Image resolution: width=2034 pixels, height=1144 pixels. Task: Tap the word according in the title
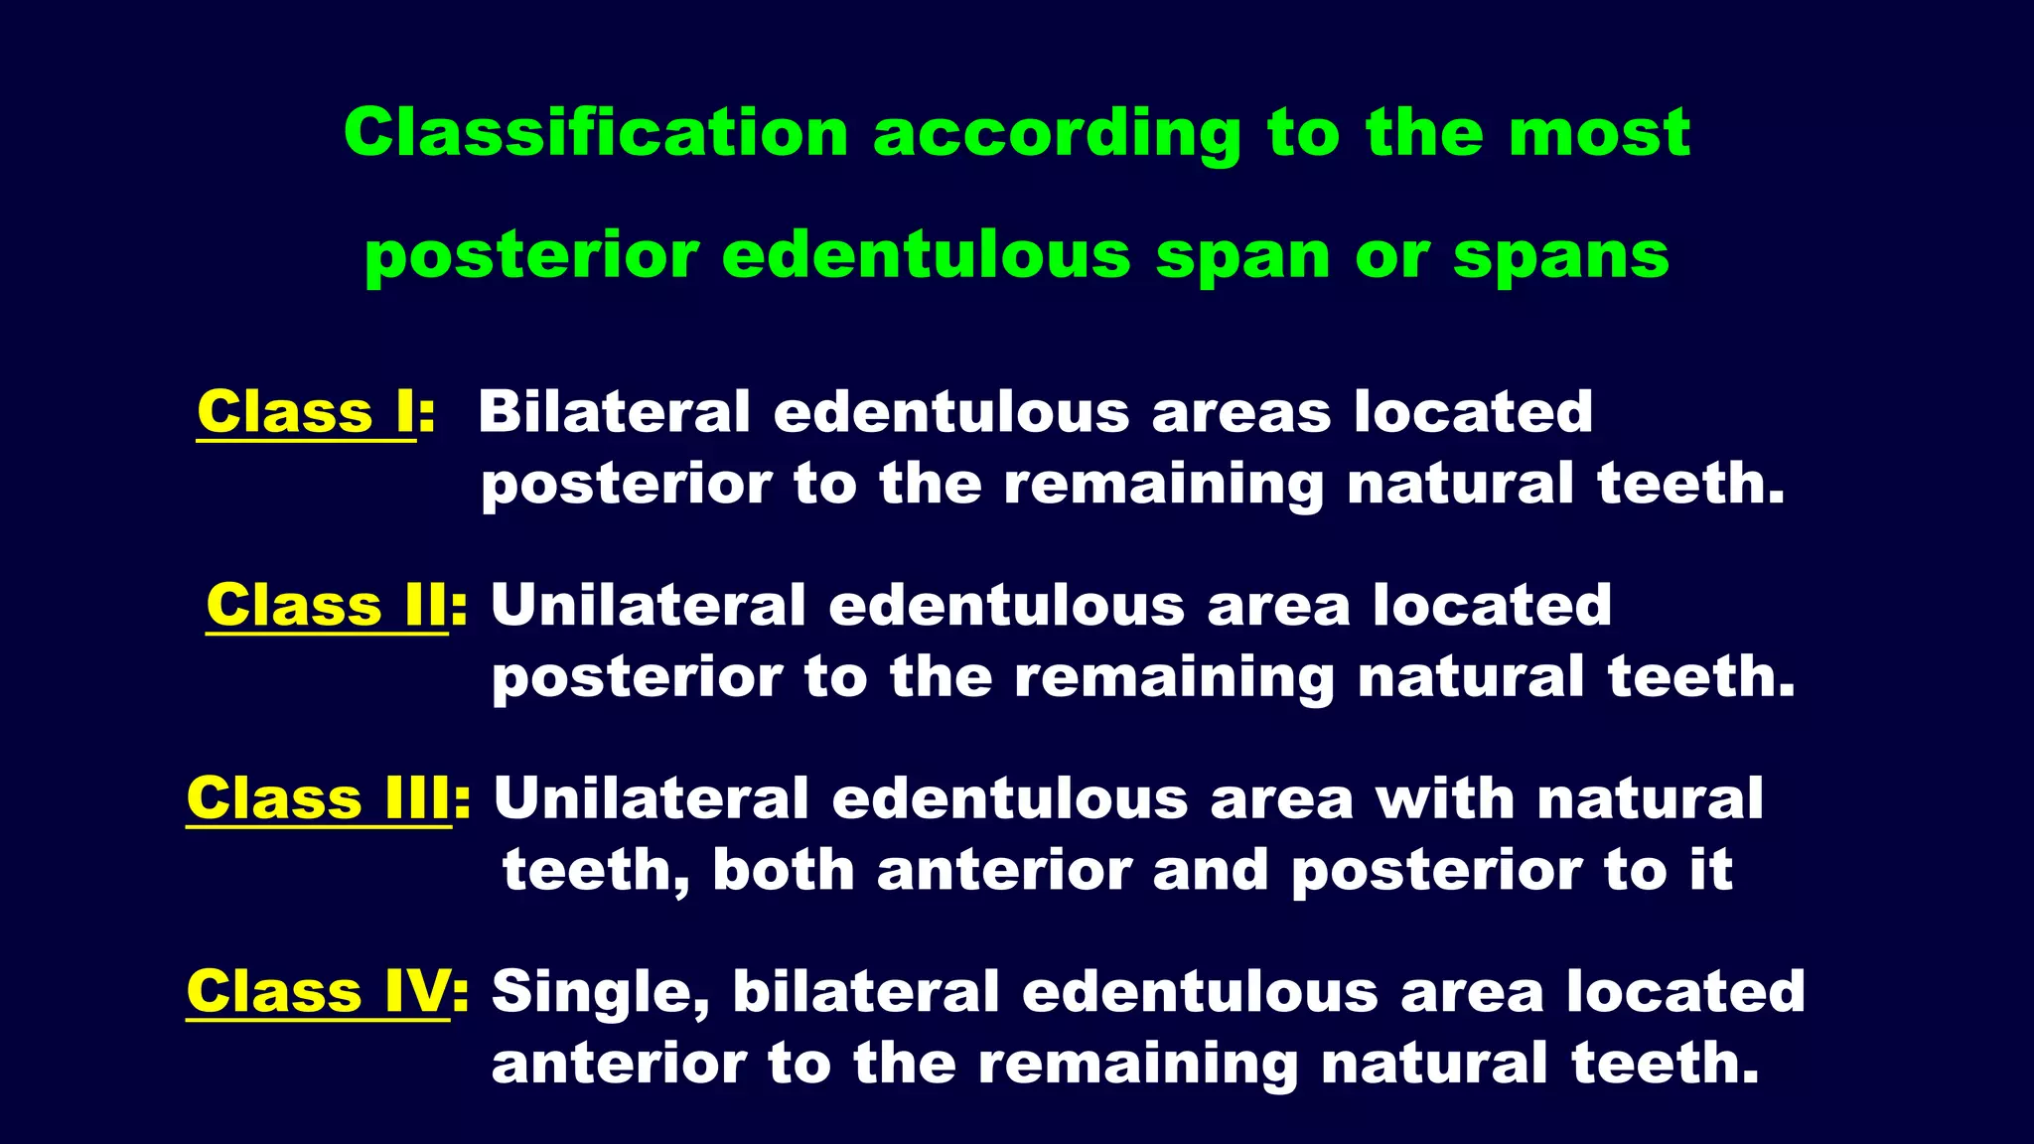(x=1057, y=134)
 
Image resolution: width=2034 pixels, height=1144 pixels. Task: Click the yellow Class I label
(x=306, y=411)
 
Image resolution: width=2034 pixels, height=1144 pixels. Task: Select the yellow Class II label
(x=327, y=605)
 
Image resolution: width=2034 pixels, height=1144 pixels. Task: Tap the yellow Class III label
(x=319, y=798)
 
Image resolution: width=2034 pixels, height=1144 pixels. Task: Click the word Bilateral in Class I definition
(x=614, y=411)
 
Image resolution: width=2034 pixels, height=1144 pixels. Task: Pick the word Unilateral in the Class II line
(x=649, y=605)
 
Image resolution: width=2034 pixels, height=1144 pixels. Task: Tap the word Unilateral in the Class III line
(x=652, y=798)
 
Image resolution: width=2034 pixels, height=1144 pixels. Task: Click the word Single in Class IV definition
(x=600, y=993)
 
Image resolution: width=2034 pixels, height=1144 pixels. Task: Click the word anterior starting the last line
(x=617, y=1064)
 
